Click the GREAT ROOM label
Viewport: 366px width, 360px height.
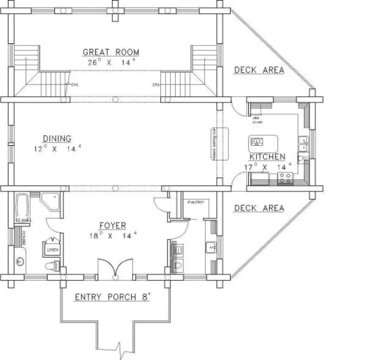click(111, 53)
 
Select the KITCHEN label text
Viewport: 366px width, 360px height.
click(267, 156)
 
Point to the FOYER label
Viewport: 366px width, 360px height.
click(112, 225)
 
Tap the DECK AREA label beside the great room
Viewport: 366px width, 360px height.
click(259, 70)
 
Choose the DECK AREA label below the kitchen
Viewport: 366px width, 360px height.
click(259, 208)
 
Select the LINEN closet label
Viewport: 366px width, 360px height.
click(52, 250)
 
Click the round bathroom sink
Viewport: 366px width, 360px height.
click(21, 261)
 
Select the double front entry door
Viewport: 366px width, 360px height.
click(115, 269)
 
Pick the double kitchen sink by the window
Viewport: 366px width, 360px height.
click(303, 145)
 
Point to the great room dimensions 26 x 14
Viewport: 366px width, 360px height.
click(111, 62)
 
